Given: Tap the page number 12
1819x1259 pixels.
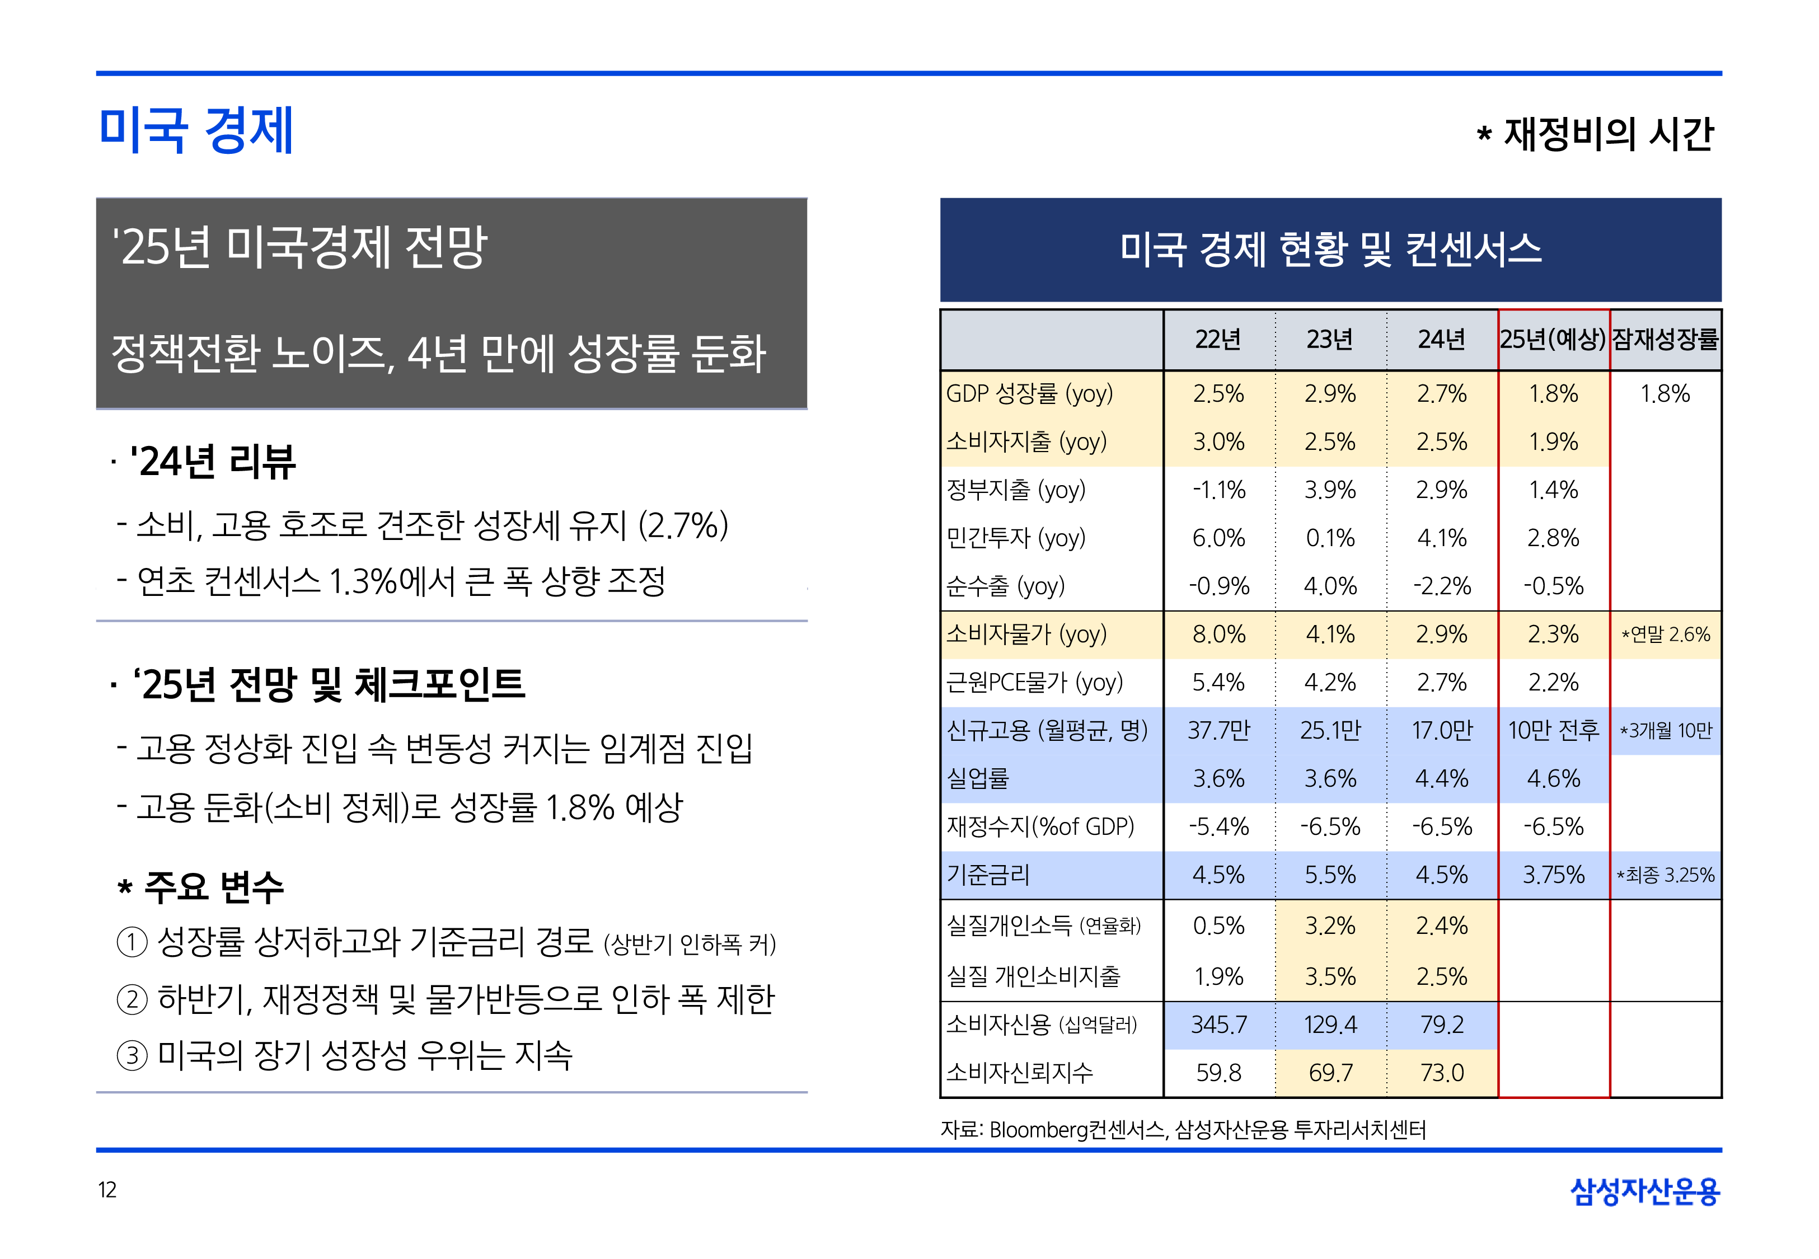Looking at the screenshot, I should tap(107, 1190).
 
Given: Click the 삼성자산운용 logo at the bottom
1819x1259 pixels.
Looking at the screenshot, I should tap(1645, 1191).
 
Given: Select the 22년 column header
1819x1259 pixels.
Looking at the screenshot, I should tap(1218, 339).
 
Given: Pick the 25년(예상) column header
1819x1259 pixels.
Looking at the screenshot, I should tap(1553, 339).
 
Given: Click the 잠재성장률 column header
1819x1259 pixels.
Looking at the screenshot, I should tap(1665, 339).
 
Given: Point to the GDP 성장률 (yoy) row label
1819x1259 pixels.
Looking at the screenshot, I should tap(1029, 393).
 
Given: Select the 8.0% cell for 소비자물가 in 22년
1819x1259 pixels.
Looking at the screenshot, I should tap(1218, 634).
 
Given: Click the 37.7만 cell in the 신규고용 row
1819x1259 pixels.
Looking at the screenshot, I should tap(1218, 730).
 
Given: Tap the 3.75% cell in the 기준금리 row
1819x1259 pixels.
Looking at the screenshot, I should tap(1553, 875).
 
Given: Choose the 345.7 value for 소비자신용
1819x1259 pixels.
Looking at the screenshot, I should tap(1218, 1025).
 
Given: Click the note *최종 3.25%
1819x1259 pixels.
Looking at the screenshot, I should tap(1665, 875).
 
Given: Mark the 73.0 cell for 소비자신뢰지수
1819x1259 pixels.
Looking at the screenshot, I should tap(1441, 1073).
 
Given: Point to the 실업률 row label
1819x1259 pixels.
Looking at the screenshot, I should tap(978, 778).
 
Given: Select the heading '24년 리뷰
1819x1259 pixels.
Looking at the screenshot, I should tap(213, 462).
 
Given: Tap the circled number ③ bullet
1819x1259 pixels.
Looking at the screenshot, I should tap(132, 1055).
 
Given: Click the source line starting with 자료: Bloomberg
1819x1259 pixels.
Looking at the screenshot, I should tap(1183, 1130).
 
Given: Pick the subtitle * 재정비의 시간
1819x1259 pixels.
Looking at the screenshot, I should tap(1595, 134).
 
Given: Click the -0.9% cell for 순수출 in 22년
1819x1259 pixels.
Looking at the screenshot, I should tap(1218, 586).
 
